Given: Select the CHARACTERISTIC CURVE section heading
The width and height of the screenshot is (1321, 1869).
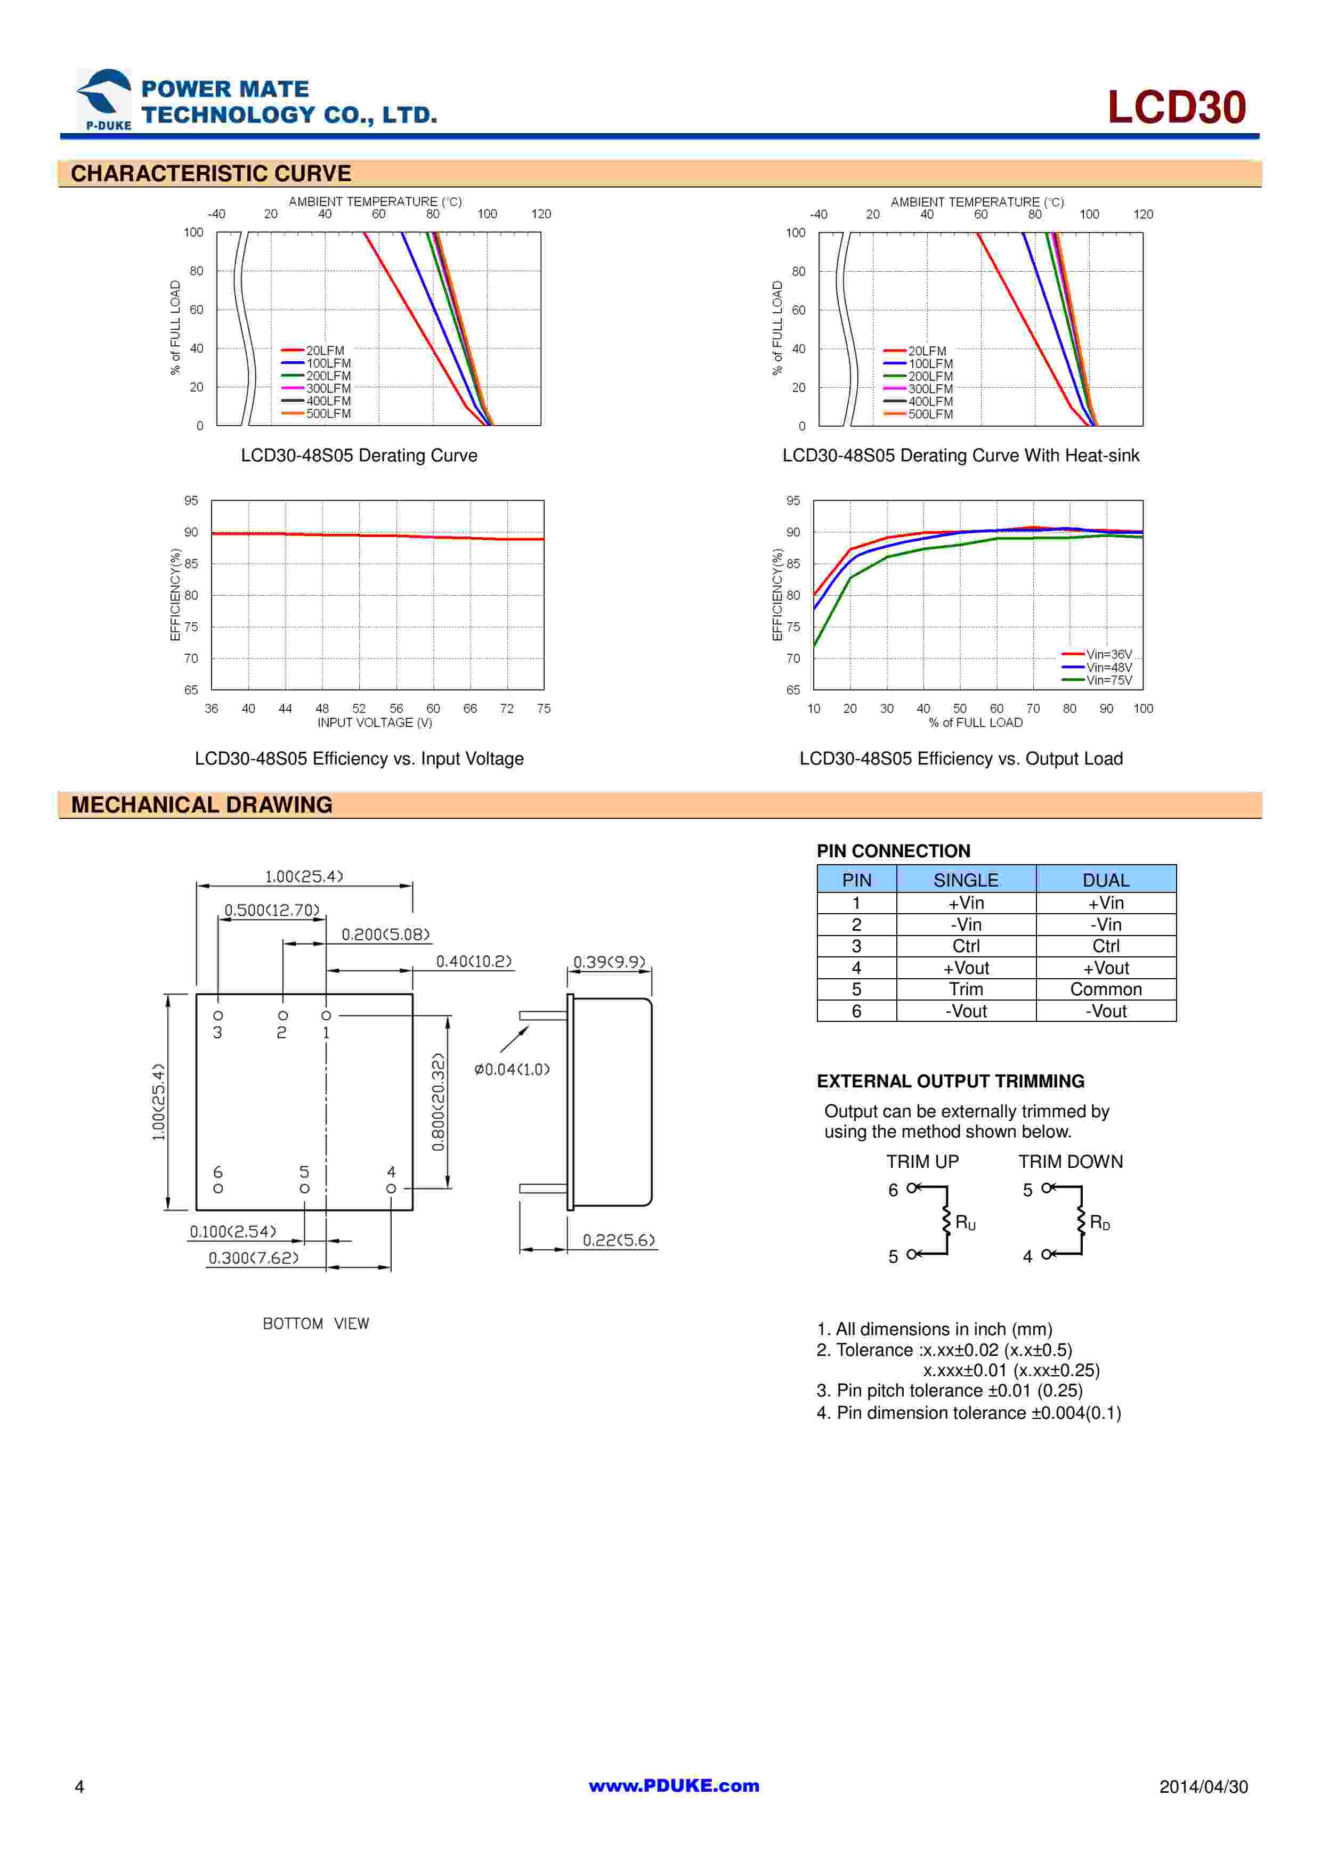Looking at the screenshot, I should point(211,173).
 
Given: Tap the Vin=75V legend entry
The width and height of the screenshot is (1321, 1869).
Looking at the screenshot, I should point(1108,680).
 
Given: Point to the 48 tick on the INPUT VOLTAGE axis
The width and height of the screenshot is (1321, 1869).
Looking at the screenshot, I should point(322,708).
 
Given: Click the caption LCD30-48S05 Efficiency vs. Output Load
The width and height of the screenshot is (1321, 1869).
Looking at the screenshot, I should point(960,759).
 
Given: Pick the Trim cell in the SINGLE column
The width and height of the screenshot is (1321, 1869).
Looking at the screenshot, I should point(966,989).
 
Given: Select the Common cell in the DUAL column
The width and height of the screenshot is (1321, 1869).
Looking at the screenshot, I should point(1105,989).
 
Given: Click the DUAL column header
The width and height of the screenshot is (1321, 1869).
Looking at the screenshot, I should point(1105,880).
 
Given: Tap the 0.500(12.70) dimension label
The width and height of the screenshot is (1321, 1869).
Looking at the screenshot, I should point(272,910).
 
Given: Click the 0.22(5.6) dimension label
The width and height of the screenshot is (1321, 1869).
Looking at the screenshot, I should point(619,1240).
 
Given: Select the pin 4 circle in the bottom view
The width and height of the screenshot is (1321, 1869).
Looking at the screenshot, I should point(391,1189).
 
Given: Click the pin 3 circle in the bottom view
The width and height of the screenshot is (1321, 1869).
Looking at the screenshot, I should point(218,1016).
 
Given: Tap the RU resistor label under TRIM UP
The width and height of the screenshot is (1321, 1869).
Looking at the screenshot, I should point(966,1223).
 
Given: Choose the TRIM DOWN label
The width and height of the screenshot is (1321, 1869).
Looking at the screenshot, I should point(1071,1161).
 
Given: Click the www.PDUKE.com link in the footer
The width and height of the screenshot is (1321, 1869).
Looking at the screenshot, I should point(674,1785).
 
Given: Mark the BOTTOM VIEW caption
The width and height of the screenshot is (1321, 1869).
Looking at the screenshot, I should point(316,1323).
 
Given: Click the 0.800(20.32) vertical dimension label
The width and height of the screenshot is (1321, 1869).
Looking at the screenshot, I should point(438,1102).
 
